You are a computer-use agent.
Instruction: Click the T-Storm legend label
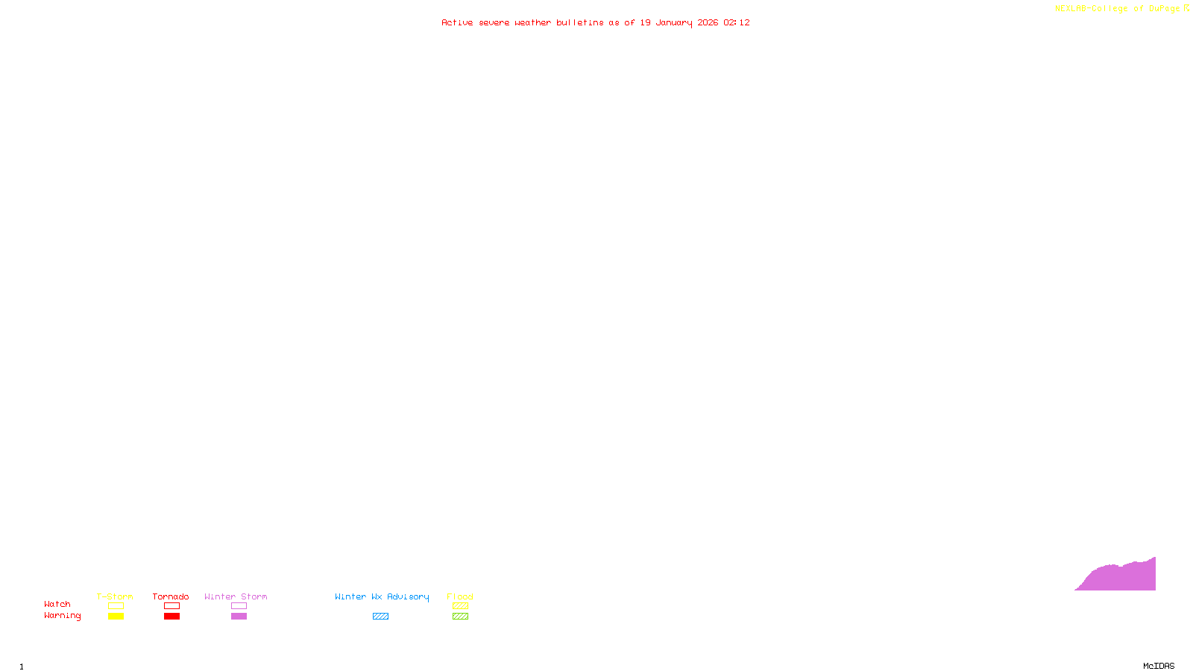[x=115, y=596]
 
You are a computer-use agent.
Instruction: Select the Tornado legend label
[x=171, y=596]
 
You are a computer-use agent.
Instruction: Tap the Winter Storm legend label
[x=236, y=596]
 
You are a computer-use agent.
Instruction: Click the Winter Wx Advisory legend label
[x=382, y=596]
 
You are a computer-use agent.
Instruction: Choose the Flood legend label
[x=460, y=596]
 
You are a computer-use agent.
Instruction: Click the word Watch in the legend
[x=57, y=604]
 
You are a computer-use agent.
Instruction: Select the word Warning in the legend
[x=63, y=616]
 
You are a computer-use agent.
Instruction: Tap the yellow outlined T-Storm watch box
[x=116, y=606]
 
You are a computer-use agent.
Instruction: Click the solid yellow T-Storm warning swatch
[x=116, y=617]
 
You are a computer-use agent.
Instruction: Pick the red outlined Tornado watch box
[x=172, y=606]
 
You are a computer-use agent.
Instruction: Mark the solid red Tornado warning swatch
[x=172, y=617]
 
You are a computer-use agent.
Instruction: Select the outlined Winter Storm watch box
[x=239, y=606]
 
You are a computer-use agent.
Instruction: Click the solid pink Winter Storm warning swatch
[x=239, y=617]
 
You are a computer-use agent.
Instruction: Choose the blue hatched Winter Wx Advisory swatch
[x=380, y=617]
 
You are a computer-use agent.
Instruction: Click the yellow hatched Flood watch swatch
[x=461, y=606]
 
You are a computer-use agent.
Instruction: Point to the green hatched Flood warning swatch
[x=461, y=617]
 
